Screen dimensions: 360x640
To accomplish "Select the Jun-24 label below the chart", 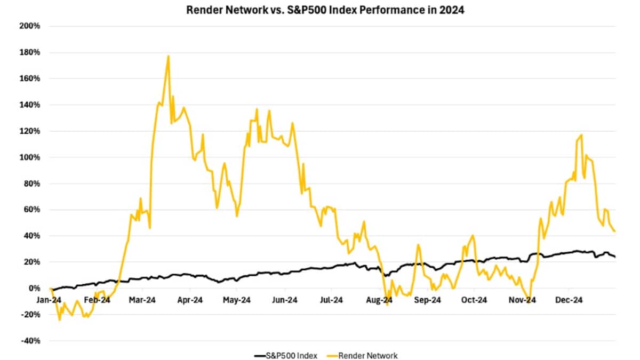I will (284, 300).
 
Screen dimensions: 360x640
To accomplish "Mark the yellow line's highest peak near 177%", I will (169, 56).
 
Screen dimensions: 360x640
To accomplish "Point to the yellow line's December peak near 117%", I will (581, 135).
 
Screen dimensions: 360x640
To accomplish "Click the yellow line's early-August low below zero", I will (387, 305).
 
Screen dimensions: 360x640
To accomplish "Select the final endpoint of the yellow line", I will (615, 231).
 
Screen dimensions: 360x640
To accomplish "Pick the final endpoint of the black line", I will (615, 257).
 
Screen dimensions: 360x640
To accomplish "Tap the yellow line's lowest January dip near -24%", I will (59, 319).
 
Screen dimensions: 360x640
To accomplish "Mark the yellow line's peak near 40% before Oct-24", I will (473, 235).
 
